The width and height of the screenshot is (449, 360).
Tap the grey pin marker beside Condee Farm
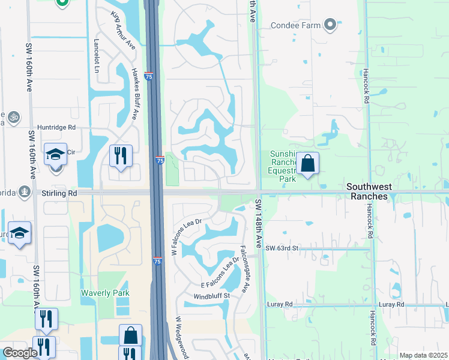tap(330, 25)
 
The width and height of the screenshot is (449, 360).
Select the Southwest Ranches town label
tap(378, 187)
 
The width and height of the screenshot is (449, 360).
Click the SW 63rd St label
tap(282, 248)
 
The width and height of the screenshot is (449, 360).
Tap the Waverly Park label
tap(105, 293)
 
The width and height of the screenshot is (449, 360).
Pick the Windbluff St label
tap(212, 297)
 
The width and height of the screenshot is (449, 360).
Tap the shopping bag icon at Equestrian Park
tap(307, 163)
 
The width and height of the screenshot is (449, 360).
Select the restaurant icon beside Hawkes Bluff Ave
tap(121, 155)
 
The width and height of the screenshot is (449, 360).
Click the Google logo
tap(20, 353)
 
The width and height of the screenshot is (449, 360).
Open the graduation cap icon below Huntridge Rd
tap(55, 155)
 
